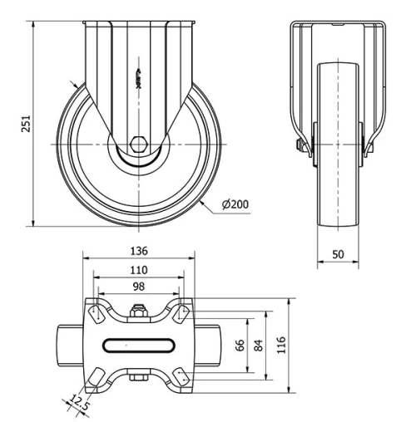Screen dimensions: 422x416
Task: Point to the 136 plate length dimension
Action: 139,250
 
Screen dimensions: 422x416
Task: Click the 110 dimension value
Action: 139,269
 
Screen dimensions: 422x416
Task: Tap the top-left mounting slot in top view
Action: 94,313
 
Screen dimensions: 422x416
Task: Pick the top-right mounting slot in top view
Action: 183,312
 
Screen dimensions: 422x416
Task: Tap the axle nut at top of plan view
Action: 139,314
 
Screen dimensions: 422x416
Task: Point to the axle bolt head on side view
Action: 297,148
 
